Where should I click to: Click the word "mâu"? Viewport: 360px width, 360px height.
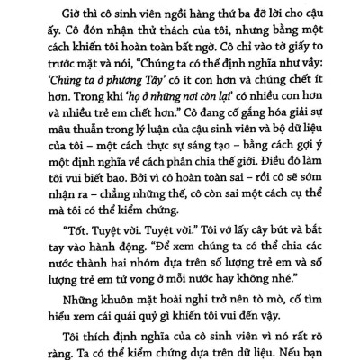click(x=60, y=135)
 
